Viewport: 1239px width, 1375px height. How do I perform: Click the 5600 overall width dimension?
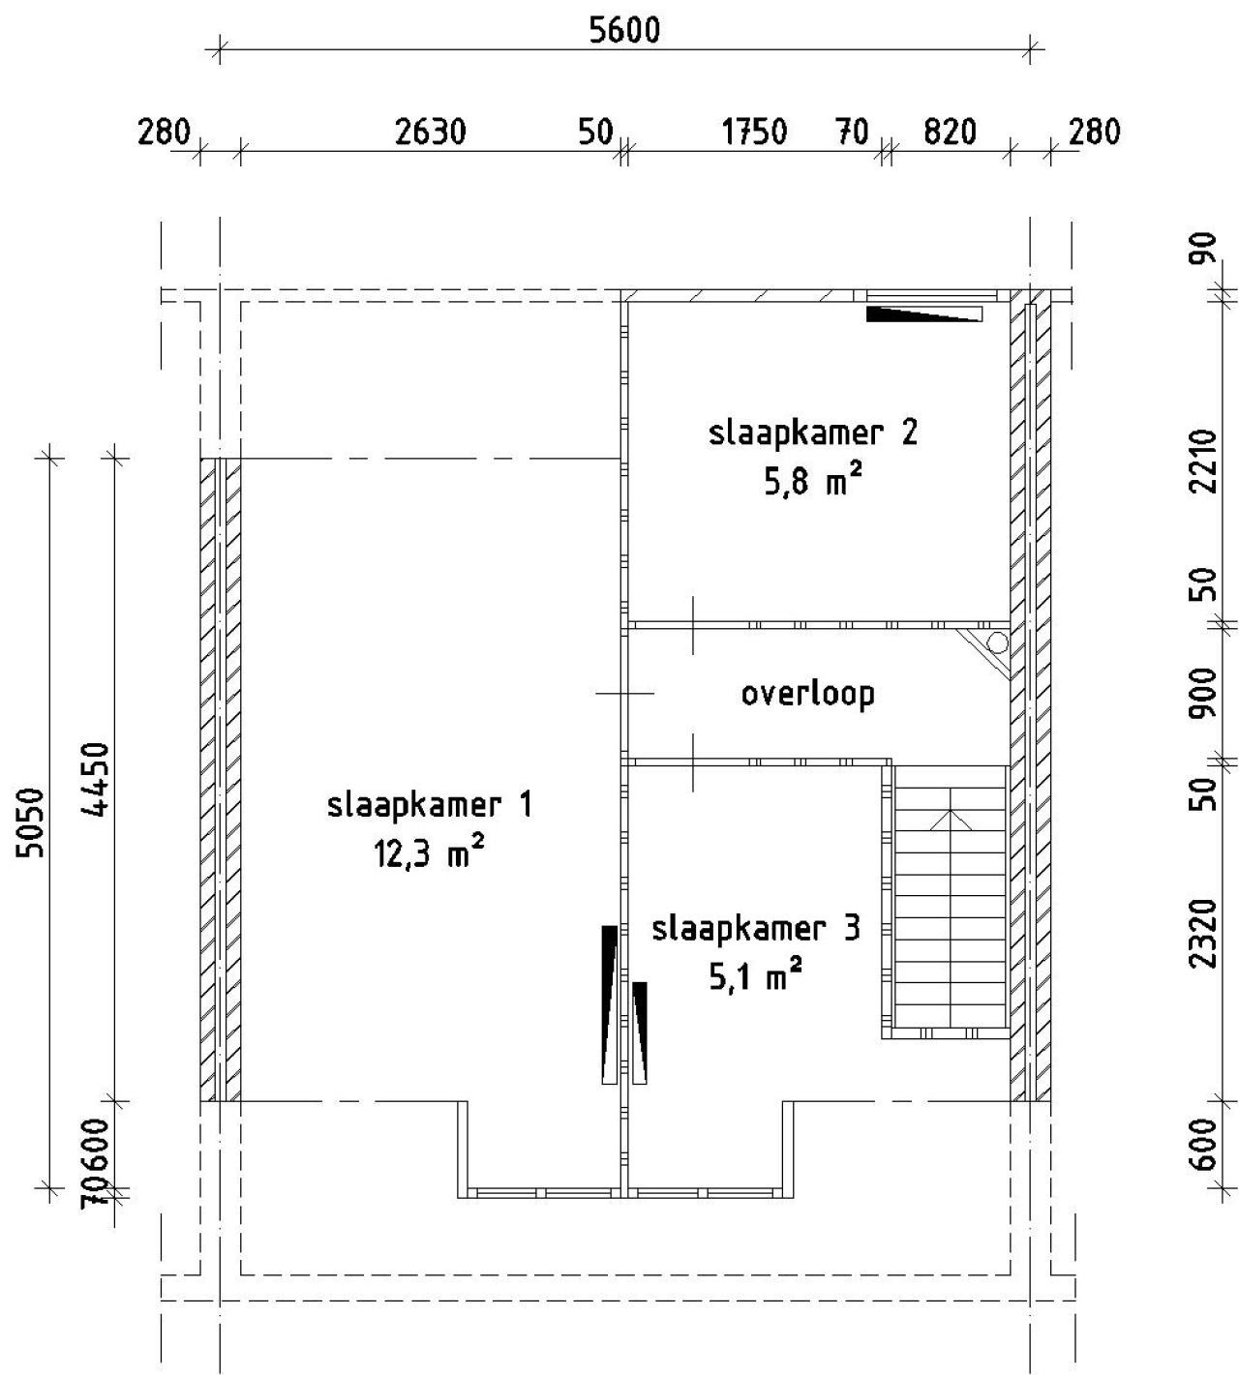click(624, 30)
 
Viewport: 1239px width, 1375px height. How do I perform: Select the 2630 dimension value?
click(431, 132)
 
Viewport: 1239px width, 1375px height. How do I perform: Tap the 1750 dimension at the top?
click(755, 132)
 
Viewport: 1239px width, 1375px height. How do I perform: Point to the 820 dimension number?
click(949, 132)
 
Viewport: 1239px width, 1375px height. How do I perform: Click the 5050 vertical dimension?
click(31, 822)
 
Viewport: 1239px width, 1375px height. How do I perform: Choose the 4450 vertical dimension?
click(96, 780)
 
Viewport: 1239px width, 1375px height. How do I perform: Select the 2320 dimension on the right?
click(1202, 933)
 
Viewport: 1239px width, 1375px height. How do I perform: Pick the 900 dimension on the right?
click(1202, 693)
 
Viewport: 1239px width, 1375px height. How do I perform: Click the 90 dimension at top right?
click(1202, 254)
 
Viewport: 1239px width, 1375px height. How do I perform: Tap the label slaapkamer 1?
click(429, 805)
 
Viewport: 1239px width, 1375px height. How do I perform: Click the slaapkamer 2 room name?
click(812, 432)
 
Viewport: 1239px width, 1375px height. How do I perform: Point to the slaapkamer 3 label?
click(755, 929)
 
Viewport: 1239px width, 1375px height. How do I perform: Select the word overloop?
click(807, 694)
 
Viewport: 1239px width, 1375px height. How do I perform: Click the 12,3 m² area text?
click(429, 853)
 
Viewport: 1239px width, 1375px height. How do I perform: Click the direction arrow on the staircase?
click(952, 819)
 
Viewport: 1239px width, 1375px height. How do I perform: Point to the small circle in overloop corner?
click(997, 643)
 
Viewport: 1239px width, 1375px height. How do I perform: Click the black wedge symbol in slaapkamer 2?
click(923, 314)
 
